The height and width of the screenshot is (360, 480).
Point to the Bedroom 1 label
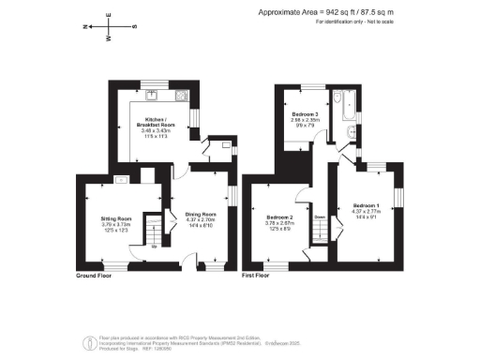pos(366,205)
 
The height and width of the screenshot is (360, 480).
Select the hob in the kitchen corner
pos(182,96)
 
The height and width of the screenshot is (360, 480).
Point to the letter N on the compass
pos(87,27)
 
